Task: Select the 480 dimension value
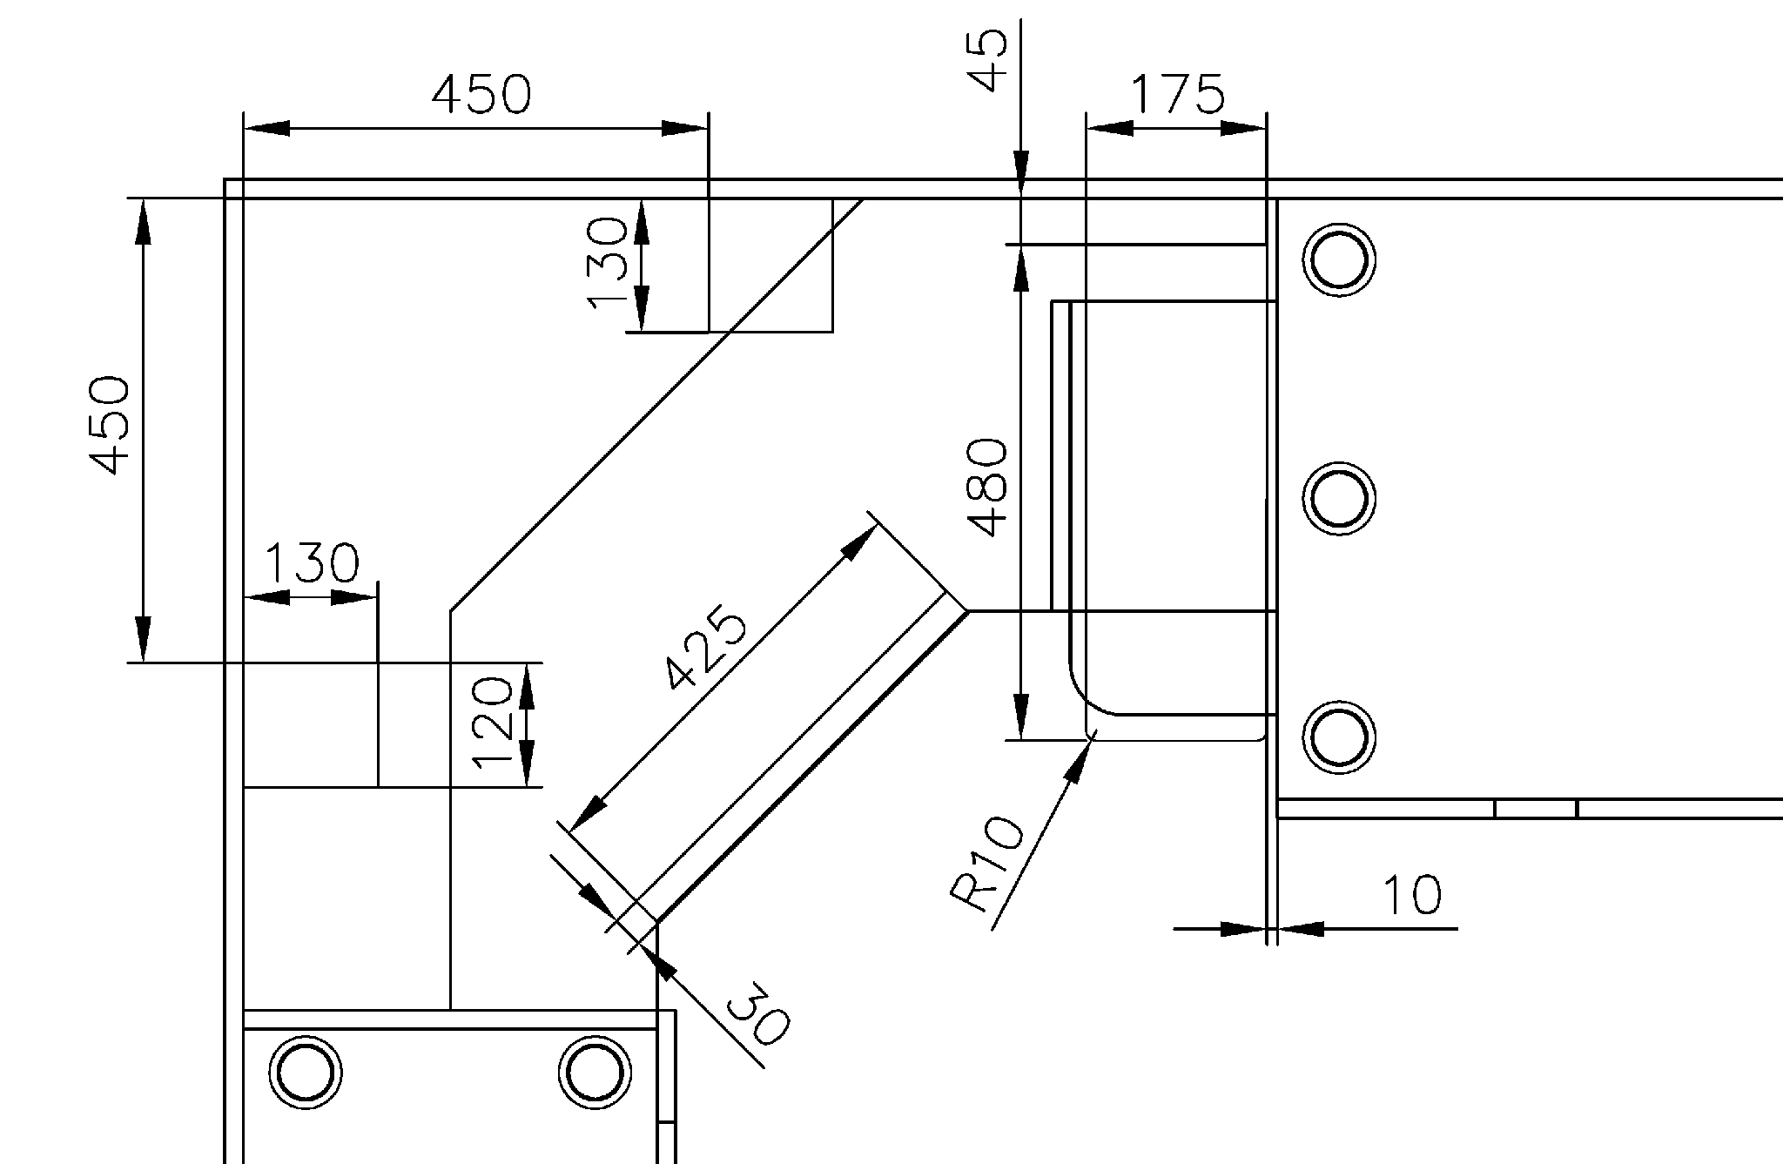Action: [x=989, y=488]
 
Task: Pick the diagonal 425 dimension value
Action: [x=705, y=649]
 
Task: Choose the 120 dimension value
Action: [x=493, y=723]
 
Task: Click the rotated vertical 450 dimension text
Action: [x=111, y=426]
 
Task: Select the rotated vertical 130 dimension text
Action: [x=608, y=263]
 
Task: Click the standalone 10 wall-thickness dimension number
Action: [x=1411, y=895]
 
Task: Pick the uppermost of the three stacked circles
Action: [x=1339, y=260]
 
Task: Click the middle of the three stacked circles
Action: [x=1339, y=499]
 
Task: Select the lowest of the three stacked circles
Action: [x=1339, y=737]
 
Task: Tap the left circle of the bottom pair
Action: [x=305, y=1072]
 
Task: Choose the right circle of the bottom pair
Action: [x=595, y=1072]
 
